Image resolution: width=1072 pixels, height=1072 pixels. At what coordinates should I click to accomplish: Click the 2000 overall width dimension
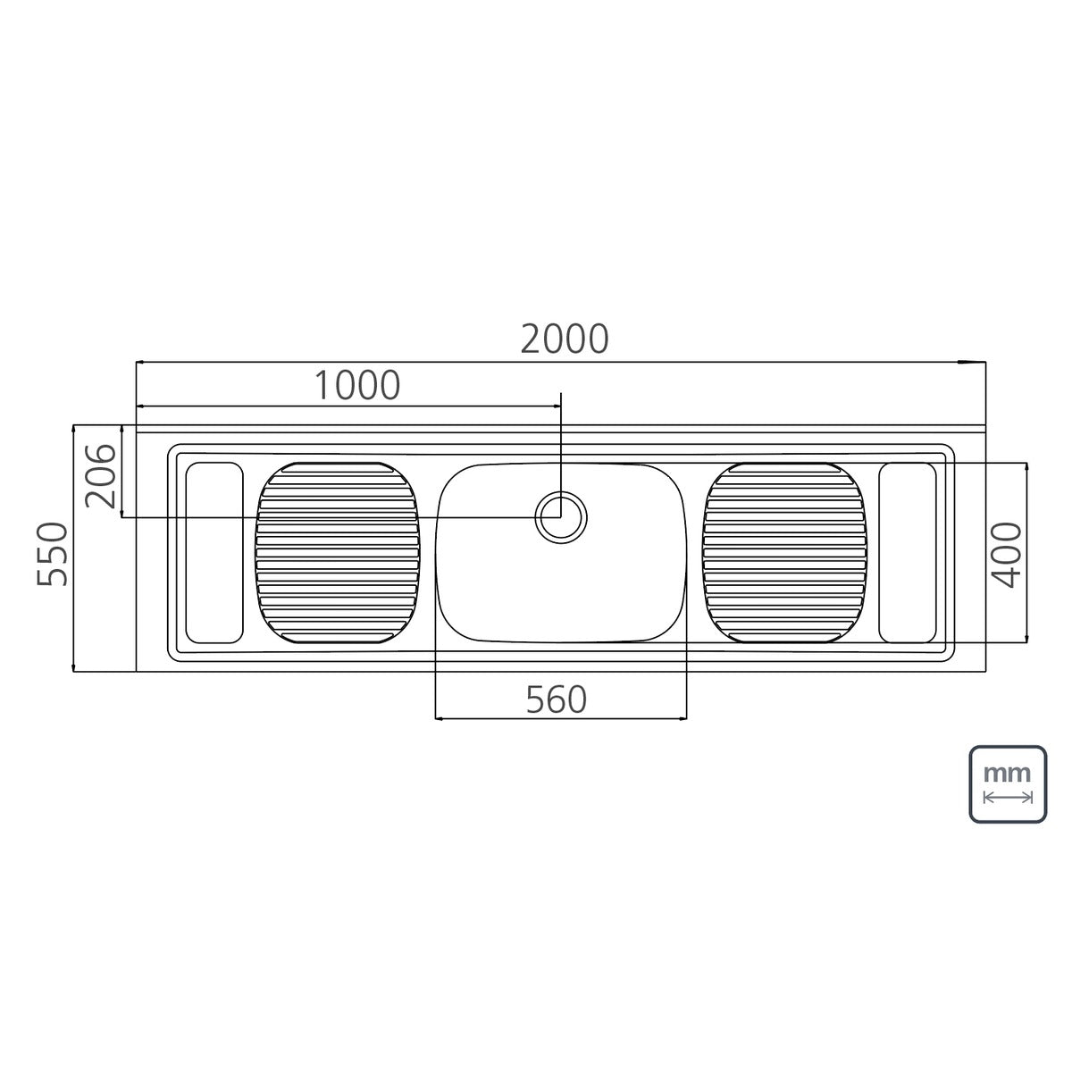pyautogui.click(x=564, y=339)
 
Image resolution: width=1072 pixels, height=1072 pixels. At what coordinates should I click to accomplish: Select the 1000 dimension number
pyautogui.click(x=357, y=385)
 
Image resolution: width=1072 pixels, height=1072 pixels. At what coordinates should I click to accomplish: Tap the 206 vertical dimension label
pyautogui.click(x=101, y=476)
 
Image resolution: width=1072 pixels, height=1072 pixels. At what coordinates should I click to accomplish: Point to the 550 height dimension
pyautogui.click(x=53, y=554)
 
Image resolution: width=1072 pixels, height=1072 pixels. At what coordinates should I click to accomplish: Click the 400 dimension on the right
pyautogui.click(x=1008, y=555)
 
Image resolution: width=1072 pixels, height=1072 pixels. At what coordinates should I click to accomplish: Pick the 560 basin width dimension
pyautogui.click(x=557, y=699)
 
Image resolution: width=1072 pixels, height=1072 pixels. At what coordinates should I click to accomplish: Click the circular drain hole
pyautogui.click(x=561, y=517)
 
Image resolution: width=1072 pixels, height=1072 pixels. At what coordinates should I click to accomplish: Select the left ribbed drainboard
pyautogui.click(x=338, y=553)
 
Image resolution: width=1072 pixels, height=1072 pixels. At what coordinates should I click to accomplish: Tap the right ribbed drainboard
pyautogui.click(x=784, y=553)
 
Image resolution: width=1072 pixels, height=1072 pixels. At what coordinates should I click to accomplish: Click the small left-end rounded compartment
pyautogui.click(x=214, y=553)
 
